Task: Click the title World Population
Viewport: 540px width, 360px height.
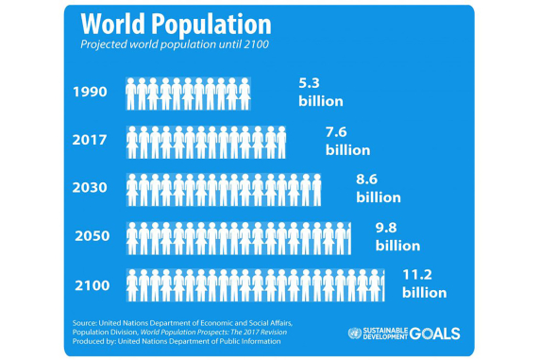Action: pyautogui.click(x=176, y=25)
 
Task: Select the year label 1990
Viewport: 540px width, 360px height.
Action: pyautogui.click(x=91, y=93)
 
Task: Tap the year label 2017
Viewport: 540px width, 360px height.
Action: pyautogui.click(x=91, y=142)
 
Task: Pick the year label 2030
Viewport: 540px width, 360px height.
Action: pyautogui.click(x=91, y=188)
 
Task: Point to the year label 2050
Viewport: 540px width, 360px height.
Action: pyautogui.click(x=91, y=236)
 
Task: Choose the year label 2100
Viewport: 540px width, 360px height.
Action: pyautogui.click(x=91, y=284)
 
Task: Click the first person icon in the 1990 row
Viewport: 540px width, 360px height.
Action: pyautogui.click(x=131, y=93)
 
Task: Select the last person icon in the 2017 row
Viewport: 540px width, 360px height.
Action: pyautogui.click(x=280, y=142)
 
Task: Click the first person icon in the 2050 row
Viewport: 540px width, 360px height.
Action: pyautogui.click(x=131, y=236)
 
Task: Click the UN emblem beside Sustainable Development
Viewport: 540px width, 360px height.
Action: pyautogui.click(x=354, y=334)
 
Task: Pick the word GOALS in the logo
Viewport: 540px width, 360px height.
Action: pyautogui.click(x=435, y=334)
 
